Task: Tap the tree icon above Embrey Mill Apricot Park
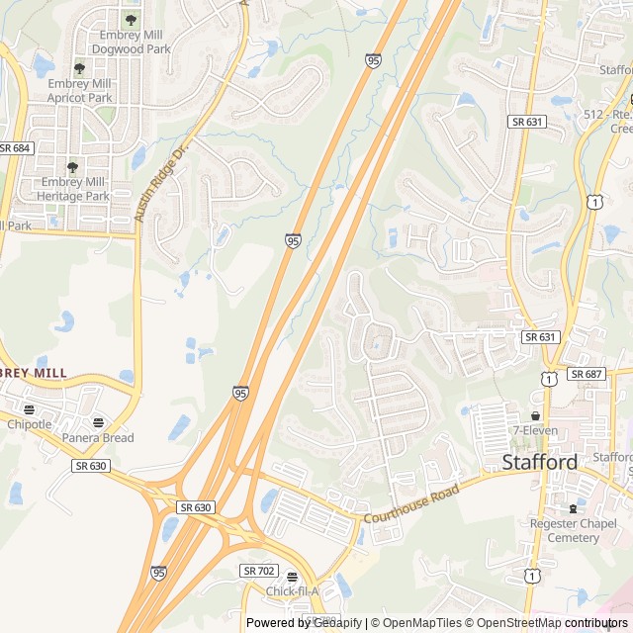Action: (x=79, y=68)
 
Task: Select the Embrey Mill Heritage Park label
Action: (x=75, y=189)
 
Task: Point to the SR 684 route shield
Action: (x=15, y=147)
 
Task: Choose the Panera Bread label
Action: (x=97, y=437)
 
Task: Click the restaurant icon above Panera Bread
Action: (x=97, y=422)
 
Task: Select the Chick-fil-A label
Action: (x=292, y=591)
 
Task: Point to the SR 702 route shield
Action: (x=259, y=571)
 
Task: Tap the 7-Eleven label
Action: (x=534, y=430)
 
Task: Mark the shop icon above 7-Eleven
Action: (x=535, y=415)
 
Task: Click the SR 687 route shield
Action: (x=586, y=374)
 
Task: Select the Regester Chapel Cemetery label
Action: (x=565, y=530)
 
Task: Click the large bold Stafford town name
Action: (x=540, y=461)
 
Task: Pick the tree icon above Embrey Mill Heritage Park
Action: (x=72, y=168)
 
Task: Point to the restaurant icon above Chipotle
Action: (x=29, y=409)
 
